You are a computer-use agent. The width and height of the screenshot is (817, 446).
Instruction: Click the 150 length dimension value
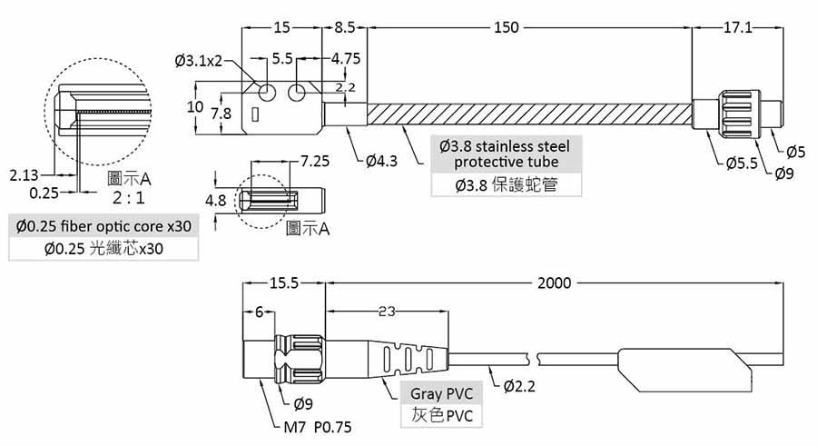pyautogui.click(x=507, y=28)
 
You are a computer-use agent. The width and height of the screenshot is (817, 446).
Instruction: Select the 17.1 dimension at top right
pyautogui.click(x=737, y=28)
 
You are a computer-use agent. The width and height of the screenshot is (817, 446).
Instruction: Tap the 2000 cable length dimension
pyautogui.click(x=554, y=283)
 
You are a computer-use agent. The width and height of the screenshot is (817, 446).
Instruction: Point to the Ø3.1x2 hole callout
pyautogui.click(x=199, y=61)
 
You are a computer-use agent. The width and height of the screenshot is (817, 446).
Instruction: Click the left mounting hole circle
pyautogui.click(x=269, y=94)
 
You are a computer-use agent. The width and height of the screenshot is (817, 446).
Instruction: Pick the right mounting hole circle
pyautogui.click(x=297, y=94)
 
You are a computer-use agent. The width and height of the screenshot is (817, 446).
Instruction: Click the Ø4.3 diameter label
pyautogui.click(x=382, y=162)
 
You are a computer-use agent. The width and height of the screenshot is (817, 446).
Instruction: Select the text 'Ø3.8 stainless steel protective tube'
pyautogui.click(x=506, y=154)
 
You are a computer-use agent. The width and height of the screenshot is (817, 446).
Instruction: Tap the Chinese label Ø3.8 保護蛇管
pyautogui.click(x=506, y=185)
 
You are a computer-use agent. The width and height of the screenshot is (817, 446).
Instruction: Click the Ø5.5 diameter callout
pyautogui.click(x=742, y=164)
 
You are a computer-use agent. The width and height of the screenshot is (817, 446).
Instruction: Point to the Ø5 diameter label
pyautogui.click(x=796, y=151)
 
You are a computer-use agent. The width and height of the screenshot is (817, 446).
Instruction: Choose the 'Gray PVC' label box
pyautogui.click(x=441, y=394)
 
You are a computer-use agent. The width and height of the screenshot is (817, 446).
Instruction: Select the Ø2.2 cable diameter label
pyautogui.click(x=519, y=386)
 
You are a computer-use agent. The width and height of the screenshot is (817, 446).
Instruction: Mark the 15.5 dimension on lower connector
pyautogui.click(x=283, y=283)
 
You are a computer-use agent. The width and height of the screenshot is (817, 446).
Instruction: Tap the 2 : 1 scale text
pyautogui.click(x=128, y=197)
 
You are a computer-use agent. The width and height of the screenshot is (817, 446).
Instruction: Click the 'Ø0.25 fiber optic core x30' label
pyautogui.click(x=103, y=226)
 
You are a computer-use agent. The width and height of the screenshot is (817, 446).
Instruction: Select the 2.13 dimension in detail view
pyautogui.click(x=24, y=173)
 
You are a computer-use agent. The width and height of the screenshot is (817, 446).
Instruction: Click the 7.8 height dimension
pyautogui.click(x=221, y=114)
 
